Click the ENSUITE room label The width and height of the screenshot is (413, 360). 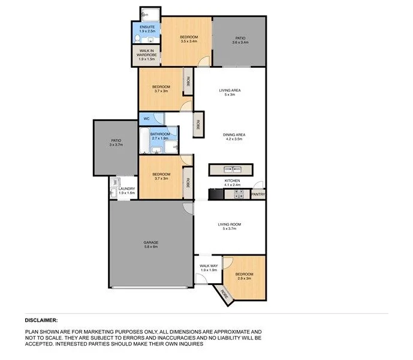tap(147, 28)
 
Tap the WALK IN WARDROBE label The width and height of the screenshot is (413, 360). tap(147, 53)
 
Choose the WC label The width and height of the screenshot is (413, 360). tap(146, 119)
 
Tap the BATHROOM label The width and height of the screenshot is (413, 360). tap(159, 134)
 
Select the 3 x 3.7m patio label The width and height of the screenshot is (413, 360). tap(116, 142)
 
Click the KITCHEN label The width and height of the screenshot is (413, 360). tap(232, 181)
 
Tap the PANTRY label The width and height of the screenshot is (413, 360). tap(258, 194)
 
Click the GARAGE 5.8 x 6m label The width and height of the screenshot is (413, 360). tap(150, 244)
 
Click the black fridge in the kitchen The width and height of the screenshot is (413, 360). tap(215, 194)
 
